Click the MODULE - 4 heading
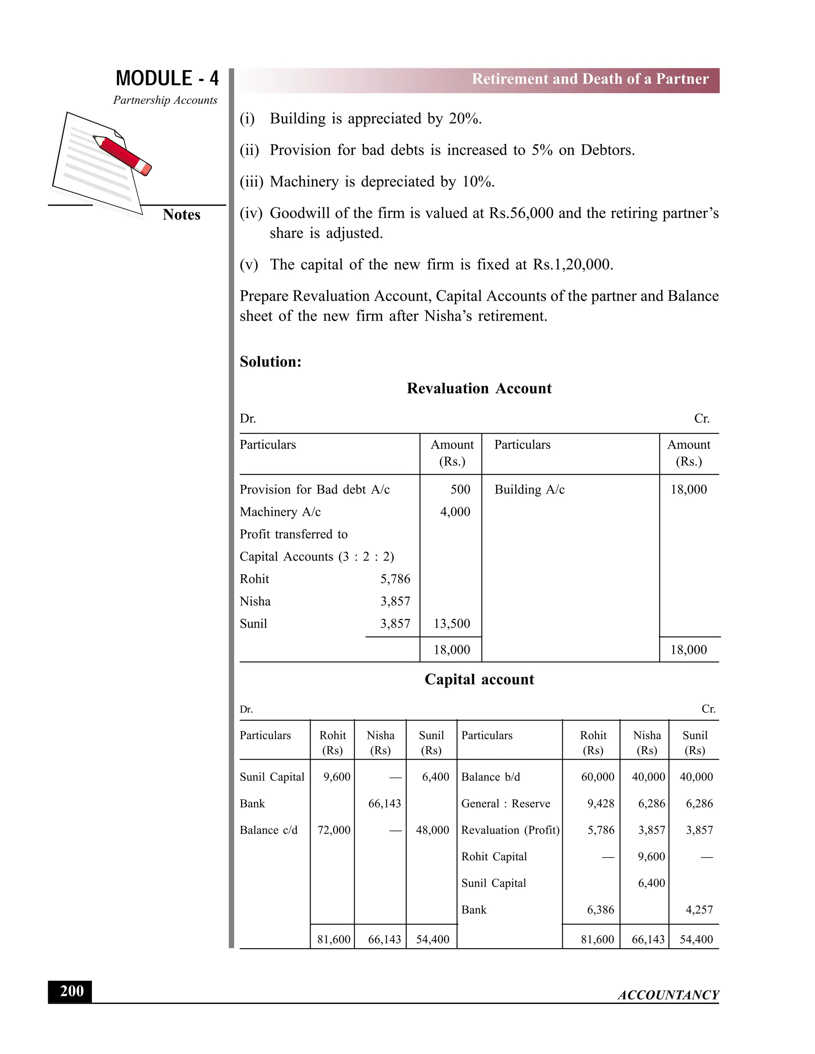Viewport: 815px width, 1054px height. coord(167,78)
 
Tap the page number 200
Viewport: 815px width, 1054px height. coord(72,991)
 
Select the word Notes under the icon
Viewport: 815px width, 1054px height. coord(181,214)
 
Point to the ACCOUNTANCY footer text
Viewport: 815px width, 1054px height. coord(668,995)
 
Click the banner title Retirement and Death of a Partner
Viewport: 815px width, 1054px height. coord(590,79)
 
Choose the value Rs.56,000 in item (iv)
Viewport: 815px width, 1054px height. coord(521,213)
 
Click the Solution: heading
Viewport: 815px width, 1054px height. coord(270,362)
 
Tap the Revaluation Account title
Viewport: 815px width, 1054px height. coord(479,388)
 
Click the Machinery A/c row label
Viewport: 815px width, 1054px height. coord(280,511)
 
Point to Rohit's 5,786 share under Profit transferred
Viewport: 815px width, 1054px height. coord(395,579)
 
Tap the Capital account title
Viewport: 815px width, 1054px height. coord(479,679)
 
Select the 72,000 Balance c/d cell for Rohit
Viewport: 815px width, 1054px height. coord(333,830)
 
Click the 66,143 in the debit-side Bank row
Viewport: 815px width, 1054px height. coord(384,803)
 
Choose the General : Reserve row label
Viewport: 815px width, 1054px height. coord(505,803)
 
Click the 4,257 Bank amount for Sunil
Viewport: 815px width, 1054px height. coord(699,910)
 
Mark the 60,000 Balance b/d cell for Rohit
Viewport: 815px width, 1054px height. coord(597,777)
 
